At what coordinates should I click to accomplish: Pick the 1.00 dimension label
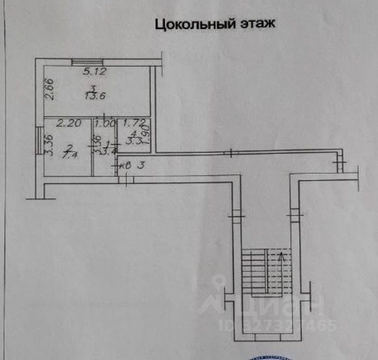pos(105,124)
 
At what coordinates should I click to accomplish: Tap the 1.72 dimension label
pos(130,124)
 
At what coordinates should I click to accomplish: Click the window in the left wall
pos(40,135)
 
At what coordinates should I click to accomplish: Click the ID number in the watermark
pos(277,325)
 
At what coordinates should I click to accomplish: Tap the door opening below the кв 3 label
pos(125,180)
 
